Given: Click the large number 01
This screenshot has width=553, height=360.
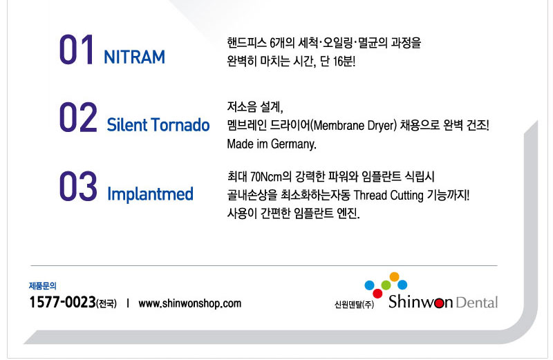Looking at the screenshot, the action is (x=76, y=50).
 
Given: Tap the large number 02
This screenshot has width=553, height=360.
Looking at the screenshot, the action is (x=78, y=117).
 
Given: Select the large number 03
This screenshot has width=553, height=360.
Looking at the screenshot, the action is (x=78, y=186).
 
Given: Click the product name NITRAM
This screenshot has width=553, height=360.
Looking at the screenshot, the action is (x=134, y=57).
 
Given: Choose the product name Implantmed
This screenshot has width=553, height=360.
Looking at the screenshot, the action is (x=150, y=194).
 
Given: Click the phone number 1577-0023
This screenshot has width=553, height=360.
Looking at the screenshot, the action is (x=62, y=302).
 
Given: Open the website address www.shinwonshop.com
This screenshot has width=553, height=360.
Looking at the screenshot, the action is (x=189, y=303).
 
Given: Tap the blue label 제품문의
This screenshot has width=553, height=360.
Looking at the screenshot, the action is (x=43, y=285).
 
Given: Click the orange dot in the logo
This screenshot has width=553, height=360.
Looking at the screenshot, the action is (x=394, y=276).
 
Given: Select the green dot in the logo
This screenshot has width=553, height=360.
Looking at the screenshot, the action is (x=386, y=285).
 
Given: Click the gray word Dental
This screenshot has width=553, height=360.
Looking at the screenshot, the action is (x=476, y=303).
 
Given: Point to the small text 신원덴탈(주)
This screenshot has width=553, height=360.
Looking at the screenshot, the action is (x=354, y=304).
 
